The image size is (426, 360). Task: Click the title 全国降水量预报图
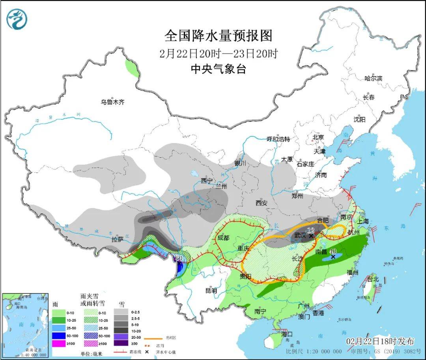[x=218, y=36]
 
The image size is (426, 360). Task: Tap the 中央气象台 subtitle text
[x=218, y=69]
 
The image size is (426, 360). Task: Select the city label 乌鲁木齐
[x=112, y=102]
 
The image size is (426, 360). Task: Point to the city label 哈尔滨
[x=373, y=78]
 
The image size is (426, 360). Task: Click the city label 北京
[x=318, y=137]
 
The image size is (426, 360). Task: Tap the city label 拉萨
[x=117, y=239]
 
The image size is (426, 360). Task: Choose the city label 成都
[x=223, y=238]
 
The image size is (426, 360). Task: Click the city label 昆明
[x=211, y=291]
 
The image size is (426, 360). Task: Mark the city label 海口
[x=287, y=334]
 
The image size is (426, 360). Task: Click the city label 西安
[x=261, y=203]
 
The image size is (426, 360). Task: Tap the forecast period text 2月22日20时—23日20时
[x=218, y=53]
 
